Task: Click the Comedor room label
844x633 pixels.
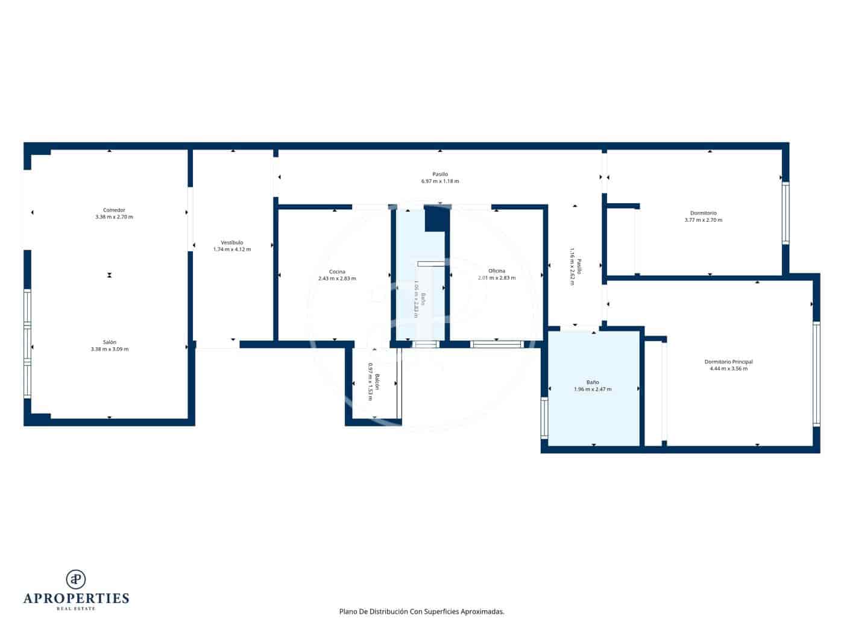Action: (x=114, y=210)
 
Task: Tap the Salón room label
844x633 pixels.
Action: (x=109, y=342)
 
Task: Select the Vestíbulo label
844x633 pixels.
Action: (x=232, y=242)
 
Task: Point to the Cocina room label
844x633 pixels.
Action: (x=337, y=271)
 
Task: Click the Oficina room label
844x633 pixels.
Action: (x=497, y=271)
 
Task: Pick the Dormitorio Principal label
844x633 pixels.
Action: (x=728, y=362)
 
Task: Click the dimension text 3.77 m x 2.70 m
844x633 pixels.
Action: (x=703, y=220)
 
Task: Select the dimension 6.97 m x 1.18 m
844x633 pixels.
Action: (x=440, y=181)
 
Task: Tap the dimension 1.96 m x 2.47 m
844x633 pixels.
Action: (x=593, y=389)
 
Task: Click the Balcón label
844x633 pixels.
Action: (x=377, y=382)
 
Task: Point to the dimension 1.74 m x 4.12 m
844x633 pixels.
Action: (x=232, y=249)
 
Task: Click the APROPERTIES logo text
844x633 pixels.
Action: (x=76, y=598)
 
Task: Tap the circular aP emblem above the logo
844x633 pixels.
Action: (x=76, y=579)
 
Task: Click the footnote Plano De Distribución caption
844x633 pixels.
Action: (x=421, y=611)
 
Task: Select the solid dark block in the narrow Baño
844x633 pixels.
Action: (x=437, y=219)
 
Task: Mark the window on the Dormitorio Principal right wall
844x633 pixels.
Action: (x=816, y=374)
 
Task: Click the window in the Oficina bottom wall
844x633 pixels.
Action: (x=496, y=344)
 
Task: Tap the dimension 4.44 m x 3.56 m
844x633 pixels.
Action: (x=728, y=368)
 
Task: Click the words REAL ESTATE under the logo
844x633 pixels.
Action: (x=76, y=609)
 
